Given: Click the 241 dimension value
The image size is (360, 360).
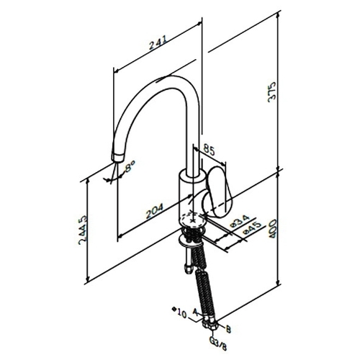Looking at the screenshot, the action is coord(158,42).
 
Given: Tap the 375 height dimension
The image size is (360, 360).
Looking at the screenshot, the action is coord(272,92).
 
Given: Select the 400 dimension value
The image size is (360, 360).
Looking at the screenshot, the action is coord(273,229).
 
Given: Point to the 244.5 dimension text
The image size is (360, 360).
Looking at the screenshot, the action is coord(83,230).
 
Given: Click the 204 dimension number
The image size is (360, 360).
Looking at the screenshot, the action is coord(155,211).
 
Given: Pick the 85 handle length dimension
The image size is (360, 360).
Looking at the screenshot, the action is coord(209,150).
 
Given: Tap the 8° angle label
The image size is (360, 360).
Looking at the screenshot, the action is coord(130,166).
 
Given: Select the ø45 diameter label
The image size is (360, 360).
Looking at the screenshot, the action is coord(251,228).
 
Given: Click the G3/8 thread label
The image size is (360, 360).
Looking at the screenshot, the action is coord(218,343).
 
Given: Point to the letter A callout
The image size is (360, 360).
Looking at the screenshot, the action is coord(195,312).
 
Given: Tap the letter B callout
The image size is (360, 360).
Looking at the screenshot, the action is coord(228,329).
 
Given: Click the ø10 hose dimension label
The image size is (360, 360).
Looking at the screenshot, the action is coord(179,312).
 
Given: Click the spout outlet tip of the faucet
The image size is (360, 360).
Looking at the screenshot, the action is coord(118,158).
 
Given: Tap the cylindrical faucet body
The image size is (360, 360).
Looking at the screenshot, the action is coord(192,197).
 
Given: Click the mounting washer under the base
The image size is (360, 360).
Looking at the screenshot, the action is coord(191,241).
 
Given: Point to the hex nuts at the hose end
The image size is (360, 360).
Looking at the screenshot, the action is coord(210,323).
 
